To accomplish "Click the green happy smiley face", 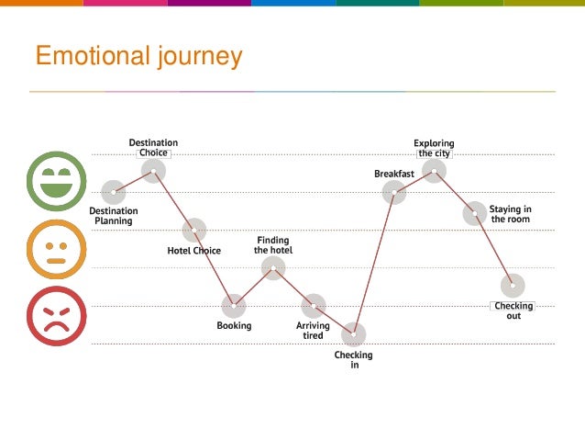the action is pos(57,179).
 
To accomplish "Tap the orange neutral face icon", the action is pos(57,248).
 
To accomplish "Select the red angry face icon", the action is pos(57,316).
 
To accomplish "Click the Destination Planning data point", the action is pos(114,192).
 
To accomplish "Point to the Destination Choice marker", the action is pos(153,170).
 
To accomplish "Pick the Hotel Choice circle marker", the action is pos(193,230).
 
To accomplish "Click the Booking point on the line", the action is pos(234,305).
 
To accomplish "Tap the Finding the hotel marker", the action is pos(273,267).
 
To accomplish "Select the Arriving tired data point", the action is pos(314,305).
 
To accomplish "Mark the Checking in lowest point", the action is pos(353,333).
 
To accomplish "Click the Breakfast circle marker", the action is pos(394,191).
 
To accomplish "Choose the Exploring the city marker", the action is pos(435,170).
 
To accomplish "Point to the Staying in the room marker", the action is pos(474,213).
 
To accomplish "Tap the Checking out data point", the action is pos(513,285).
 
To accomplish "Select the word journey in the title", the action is pos(197,57).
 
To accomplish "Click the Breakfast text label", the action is pos(394,174).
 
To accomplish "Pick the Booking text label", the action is pos(234,325).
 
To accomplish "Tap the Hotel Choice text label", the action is pos(193,250).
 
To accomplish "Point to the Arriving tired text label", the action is pos(313,331).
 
